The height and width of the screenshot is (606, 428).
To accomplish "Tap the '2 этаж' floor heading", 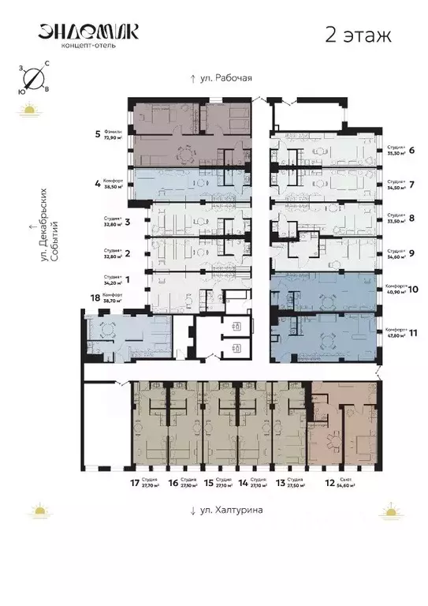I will click(x=355, y=34).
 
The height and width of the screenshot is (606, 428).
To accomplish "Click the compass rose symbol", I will click(x=33, y=77).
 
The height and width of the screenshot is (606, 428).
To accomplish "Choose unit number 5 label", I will click(x=97, y=133).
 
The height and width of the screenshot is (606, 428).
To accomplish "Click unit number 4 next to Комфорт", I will click(x=98, y=184).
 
